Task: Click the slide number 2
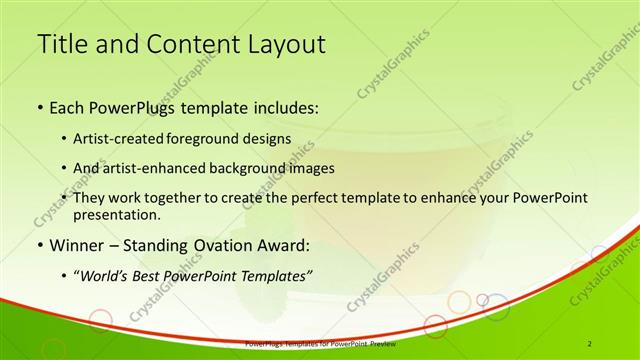click(590, 343)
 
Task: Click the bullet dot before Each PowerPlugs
click(39, 107)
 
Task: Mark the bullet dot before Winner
click(39, 245)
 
